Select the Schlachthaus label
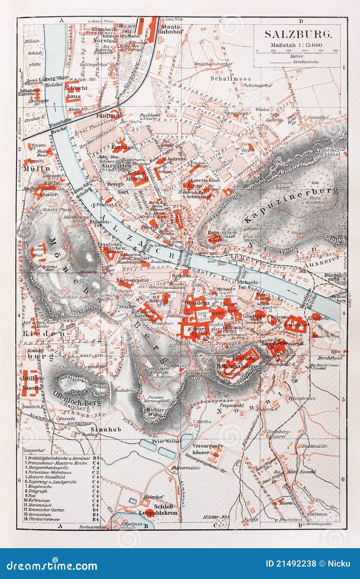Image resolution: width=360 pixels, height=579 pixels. coord(73,92)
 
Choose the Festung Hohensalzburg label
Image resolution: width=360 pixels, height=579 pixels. coord(238,363)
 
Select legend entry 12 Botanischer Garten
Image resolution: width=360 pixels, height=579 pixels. coord(45,510)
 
